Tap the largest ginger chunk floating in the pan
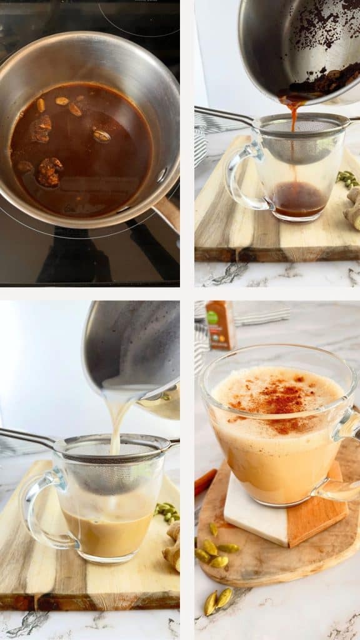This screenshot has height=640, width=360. [x=49, y=172]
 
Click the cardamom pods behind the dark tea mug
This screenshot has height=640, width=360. [x=347, y=179]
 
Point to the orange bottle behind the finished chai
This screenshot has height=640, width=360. [x=221, y=325]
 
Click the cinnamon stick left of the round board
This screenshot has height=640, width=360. [x=205, y=482]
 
